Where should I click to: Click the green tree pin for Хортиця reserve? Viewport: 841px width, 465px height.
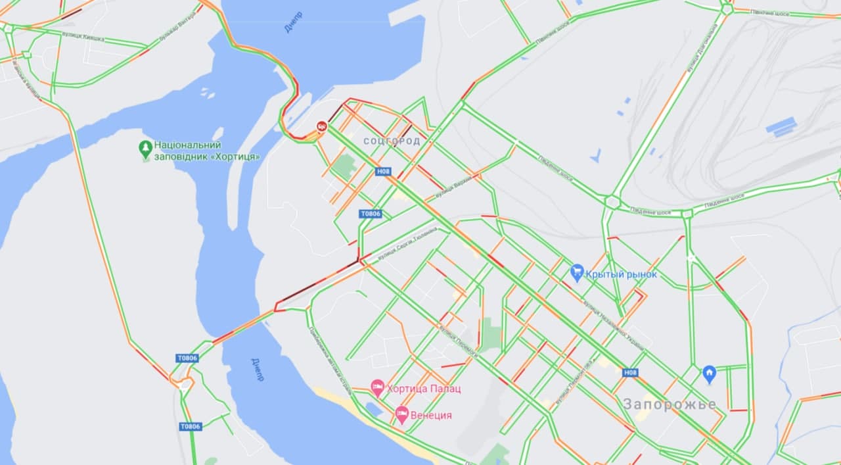pyautogui.click(x=146, y=149)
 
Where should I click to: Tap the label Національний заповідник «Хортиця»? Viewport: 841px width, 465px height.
pyautogui.click(x=207, y=151)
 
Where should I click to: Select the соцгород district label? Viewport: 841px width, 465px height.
pyautogui.click(x=392, y=141)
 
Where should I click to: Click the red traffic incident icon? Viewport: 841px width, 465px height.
pyautogui.click(x=322, y=126)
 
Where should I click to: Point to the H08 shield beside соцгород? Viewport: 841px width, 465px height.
pyautogui.click(x=383, y=172)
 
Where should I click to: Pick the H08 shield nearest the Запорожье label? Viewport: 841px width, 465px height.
pyautogui.click(x=630, y=372)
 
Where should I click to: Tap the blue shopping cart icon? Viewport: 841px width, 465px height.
pyautogui.click(x=577, y=272)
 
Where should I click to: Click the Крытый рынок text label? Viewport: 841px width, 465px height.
pyautogui.click(x=621, y=274)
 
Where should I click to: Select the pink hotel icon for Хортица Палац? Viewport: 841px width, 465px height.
pyautogui.click(x=377, y=387)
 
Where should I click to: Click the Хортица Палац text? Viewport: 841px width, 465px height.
pyautogui.click(x=424, y=389)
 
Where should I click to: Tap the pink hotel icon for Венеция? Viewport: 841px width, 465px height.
pyautogui.click(x=402, y=415)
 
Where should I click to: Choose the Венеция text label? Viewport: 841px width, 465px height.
pyautogui.click(x=431, y=416)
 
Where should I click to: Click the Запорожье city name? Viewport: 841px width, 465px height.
pyautogui.click(x=670, y=404)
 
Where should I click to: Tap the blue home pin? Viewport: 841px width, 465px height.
pyautogui.click(x=709, y=374)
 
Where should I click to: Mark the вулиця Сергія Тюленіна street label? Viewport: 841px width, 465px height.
pyautogui.click(x=407, y=245)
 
